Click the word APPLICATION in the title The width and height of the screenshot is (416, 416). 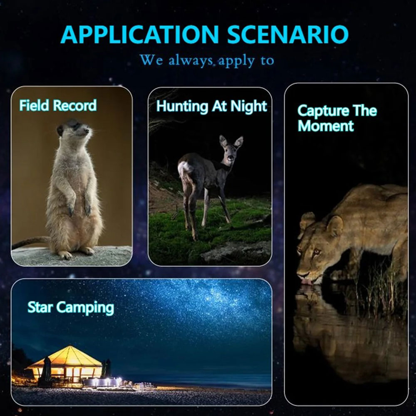point(139,35)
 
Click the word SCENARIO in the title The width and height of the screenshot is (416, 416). point(287,35)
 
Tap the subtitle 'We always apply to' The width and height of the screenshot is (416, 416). point(207,60)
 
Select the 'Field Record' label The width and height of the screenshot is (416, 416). point(58,105)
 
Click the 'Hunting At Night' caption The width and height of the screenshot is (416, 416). point(211,106)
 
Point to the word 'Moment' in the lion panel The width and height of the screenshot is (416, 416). point(326,126)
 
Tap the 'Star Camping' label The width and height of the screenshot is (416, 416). point(71,308)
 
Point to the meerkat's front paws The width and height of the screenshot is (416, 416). point(79,209)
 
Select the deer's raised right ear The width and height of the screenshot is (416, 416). point(238,142)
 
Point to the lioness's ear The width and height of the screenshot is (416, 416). point(335,225)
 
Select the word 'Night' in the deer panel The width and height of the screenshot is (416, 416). point(249,106)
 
